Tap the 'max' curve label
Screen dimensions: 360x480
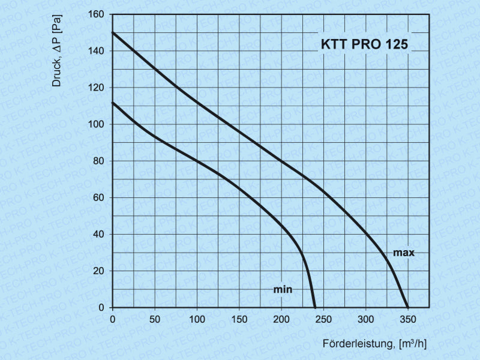pos(404,253)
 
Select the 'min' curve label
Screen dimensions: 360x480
pos(283,289)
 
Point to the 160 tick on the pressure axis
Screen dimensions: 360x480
pos(97,14)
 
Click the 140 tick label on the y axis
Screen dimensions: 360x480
pos(97,51)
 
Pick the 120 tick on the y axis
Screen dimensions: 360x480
pos(97,88)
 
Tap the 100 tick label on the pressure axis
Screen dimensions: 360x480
pos(97,124)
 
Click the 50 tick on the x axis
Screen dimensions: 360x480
pos(155,319)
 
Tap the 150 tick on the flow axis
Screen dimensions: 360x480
pos(239,319)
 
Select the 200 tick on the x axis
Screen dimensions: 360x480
pos(281,319)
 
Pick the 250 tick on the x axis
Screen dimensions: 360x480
pos(323,319)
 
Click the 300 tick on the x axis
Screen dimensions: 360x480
pos(366,319)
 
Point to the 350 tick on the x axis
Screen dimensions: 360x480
pos(408,319)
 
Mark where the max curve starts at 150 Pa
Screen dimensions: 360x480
pos(113,32)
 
